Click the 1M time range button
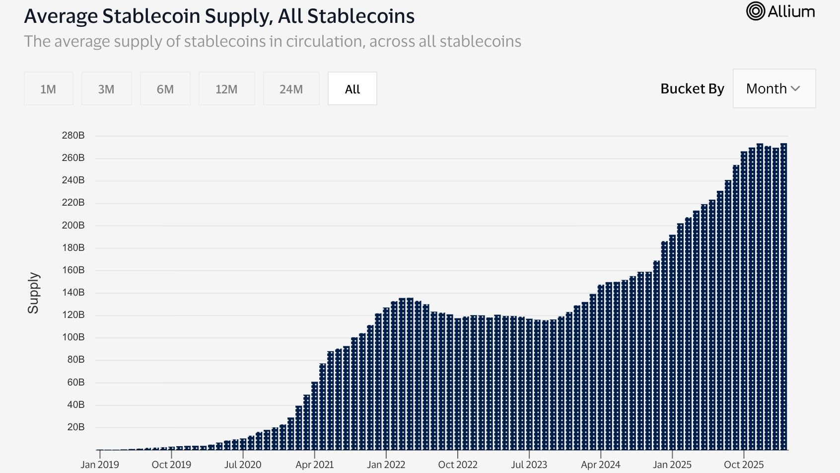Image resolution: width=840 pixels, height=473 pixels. click(x=48, y=89)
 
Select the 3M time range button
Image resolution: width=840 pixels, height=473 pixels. click(x=106, y=89)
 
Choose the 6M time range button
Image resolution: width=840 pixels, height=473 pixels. click(x=165, y=89)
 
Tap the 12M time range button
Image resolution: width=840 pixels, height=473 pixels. click(x=226, y=89)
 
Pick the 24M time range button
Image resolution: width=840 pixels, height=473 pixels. click(x=291, y=89)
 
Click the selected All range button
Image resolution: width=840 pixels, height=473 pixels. click(x=352, y=89)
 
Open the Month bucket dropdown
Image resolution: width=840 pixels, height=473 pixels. click(x=773, y=89)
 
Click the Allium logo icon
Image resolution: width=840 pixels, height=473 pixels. click(x=755, y=11)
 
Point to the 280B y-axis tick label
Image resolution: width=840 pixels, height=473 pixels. click(x=73, y=136)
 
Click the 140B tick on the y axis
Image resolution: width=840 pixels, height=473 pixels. click(x=73, y=293)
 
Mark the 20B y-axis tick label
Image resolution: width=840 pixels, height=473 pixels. click(x=75, y=427)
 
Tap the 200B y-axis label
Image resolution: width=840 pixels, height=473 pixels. click(x=73, y=226)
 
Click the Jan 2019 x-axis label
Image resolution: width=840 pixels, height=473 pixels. click(x=100, y=465)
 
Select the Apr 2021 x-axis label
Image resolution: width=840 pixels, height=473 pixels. click(x=314, y=465)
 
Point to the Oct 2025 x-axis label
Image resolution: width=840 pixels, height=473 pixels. click(x=743, y=465)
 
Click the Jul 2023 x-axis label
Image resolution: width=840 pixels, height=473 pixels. click(x=529, y=465)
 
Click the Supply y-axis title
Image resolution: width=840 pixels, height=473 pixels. click(x=33, y=293)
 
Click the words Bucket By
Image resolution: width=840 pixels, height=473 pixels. click(x=692, y=89)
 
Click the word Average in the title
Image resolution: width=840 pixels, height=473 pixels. click(x=61, y=16)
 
